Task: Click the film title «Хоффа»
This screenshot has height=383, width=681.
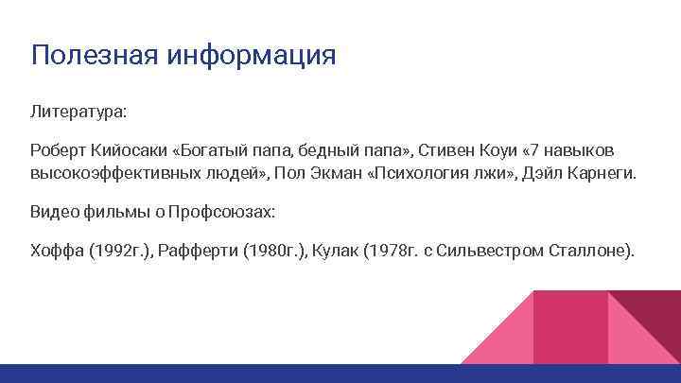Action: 55,252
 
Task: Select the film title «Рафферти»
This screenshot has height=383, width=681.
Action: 199,252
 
